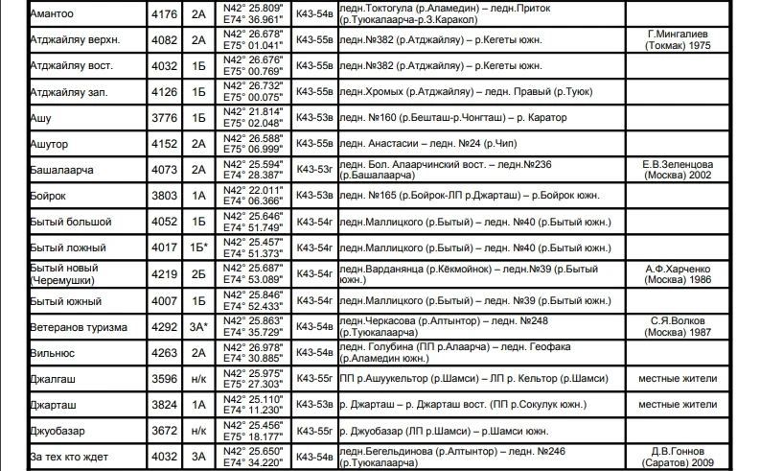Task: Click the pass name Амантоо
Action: tap(52, 14)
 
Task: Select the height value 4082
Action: tap(164, 40)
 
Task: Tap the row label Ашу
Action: tap(41, 118)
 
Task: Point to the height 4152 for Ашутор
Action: tap(164, 144)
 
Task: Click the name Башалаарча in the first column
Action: tap(63, 170)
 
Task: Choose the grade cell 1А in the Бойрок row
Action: tap(198, 196)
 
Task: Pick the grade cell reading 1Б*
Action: tap(199, 247)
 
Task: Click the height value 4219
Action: tap(164, 273)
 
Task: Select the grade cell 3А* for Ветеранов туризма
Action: tap(198, 326)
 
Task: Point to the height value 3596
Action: tap(164, 378)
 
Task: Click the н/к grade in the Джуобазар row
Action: tap(198, 431)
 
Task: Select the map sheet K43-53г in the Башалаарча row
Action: tap(314, 170)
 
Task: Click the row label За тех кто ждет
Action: tap(70, 457)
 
